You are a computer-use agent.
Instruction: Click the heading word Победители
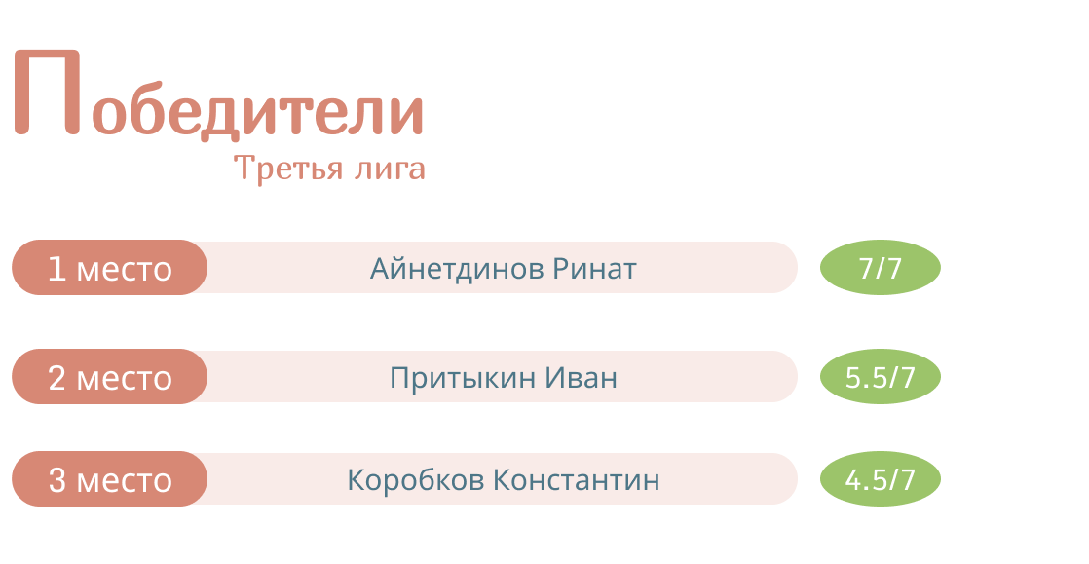[219, 94]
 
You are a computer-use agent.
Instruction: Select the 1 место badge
[110, 268]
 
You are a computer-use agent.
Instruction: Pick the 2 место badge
[110, 376]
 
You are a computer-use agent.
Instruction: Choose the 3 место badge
[110, 478]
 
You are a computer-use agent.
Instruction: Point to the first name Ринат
[594, 269]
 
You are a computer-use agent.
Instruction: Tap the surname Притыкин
[463, 378]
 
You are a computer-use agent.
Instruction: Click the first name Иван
[581, 378]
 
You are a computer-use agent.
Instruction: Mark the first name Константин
[577, 480]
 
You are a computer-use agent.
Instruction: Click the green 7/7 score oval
[881, 268]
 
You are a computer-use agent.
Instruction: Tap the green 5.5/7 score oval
[881, 376]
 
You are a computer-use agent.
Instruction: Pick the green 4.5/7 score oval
[881, 478]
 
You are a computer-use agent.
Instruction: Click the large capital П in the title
[47, 92]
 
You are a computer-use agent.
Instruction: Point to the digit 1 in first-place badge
[56, 269]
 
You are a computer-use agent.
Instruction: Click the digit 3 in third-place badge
[56, 480]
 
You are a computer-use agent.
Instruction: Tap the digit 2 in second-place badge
[56, 378]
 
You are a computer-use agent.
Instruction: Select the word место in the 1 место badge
[125, 271]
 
